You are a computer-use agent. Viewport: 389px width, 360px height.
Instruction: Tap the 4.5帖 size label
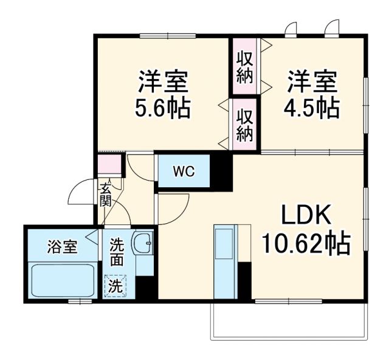(312, 108)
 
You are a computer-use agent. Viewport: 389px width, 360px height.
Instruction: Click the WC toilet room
(184, 171)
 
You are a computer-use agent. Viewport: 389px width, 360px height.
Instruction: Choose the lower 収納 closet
(245, 124)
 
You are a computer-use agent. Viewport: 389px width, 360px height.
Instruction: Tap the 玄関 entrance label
(106, 193)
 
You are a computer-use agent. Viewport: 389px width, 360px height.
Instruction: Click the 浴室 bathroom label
(63, 247)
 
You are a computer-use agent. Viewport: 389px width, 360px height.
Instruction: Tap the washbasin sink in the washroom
(145, 244)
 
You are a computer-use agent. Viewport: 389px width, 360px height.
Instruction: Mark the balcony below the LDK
(289, 319)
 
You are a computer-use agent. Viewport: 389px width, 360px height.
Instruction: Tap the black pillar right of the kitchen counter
(245, 281)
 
